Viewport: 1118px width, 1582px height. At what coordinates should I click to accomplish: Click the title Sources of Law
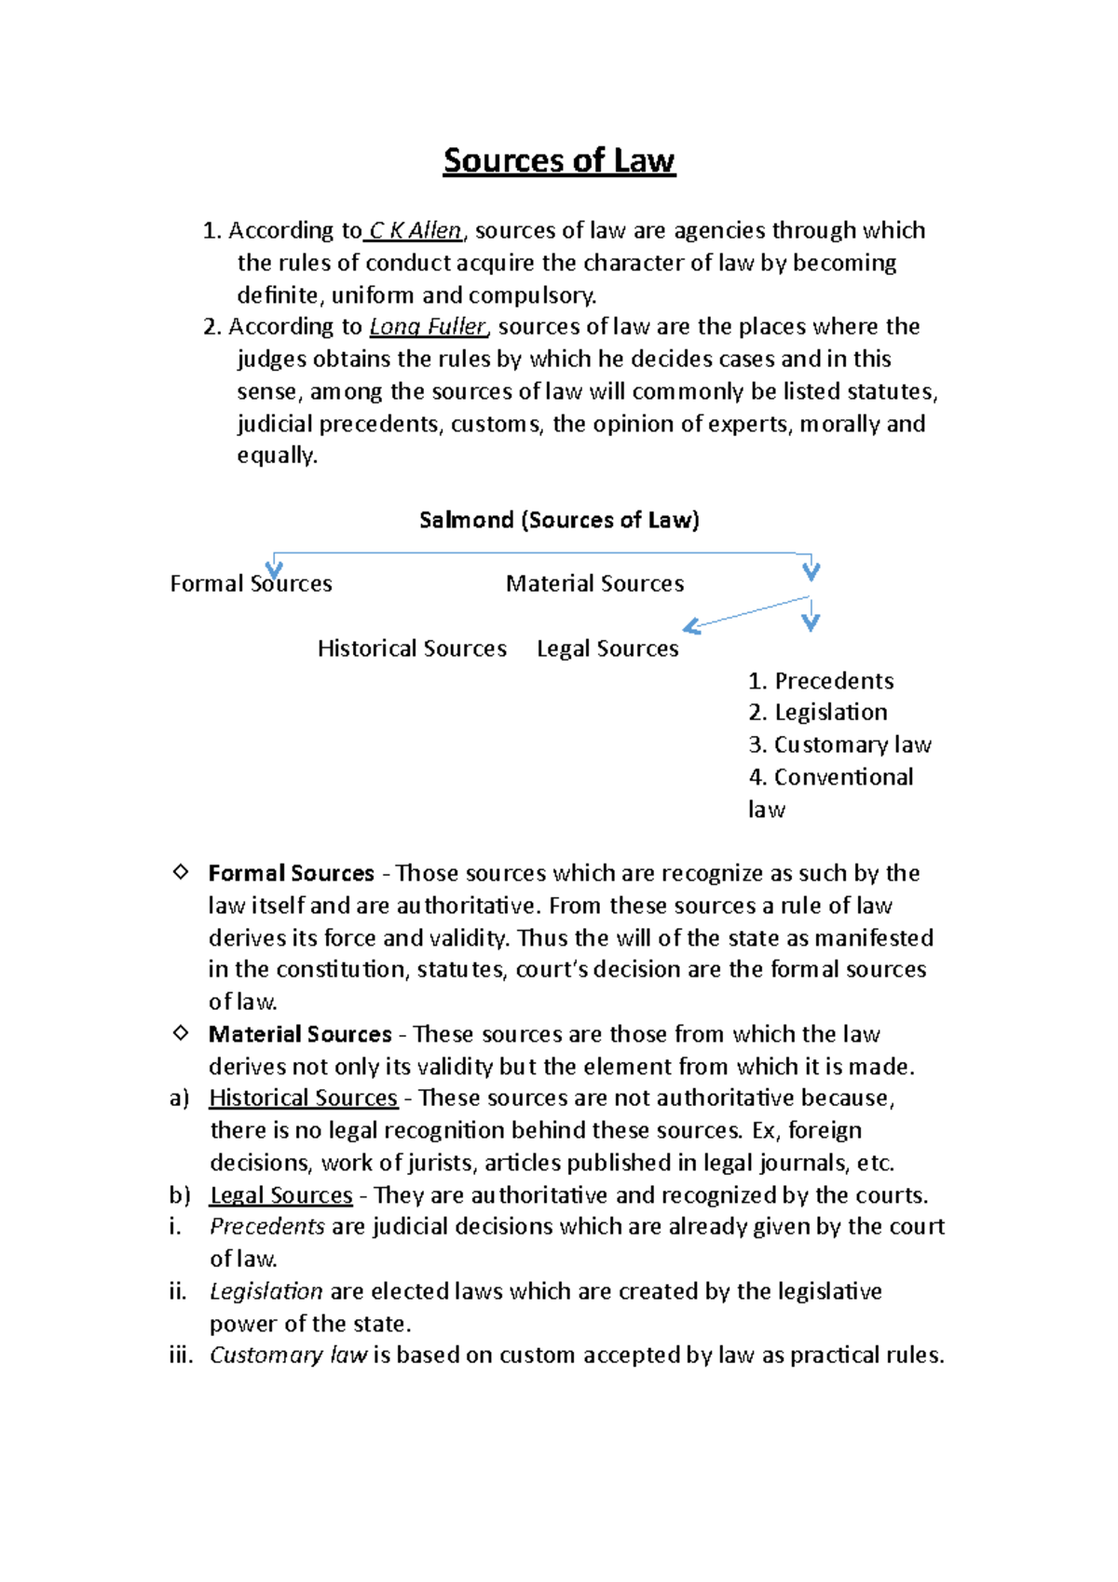click(x=559, y=161)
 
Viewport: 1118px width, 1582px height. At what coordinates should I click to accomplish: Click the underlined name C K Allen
click(x=416, y=230)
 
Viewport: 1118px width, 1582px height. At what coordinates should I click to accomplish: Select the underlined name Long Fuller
click(x=428, y=327)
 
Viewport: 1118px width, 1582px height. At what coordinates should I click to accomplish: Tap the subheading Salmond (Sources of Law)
click(x=559, y=520)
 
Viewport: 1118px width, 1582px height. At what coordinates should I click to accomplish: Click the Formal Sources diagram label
click(x=251, y=584)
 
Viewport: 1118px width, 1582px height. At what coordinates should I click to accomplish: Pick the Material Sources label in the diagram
click(x=594, y=584)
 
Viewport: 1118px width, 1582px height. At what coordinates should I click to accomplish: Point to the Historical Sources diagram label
click(x=412, y=648)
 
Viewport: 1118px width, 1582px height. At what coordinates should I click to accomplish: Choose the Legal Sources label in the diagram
click(x=607, y=648)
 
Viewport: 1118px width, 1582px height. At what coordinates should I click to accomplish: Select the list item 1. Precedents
click(x=821, y=681)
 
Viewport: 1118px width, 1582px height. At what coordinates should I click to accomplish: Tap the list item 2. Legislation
click(x=818, y=713)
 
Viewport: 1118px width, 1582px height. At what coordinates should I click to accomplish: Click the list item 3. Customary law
click(x=839, y=745)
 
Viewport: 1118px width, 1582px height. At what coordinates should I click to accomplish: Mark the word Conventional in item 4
click(x=843, y=777)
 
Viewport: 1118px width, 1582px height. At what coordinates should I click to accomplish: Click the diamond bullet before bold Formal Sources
click(x=181, y=872)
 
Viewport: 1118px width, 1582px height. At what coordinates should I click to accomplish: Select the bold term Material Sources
click(x=300, y=1034)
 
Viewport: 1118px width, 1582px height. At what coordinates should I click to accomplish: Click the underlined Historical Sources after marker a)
click(x=303, y=1098)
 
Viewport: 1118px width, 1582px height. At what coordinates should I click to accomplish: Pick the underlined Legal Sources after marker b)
click(x=280, y=1195)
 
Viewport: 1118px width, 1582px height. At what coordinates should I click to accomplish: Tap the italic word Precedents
click(x=267, y=1227)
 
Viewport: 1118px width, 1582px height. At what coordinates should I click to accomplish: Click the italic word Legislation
click(x=266, y=1291)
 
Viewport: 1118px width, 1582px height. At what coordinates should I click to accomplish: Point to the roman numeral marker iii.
click(x=181, y=1356)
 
